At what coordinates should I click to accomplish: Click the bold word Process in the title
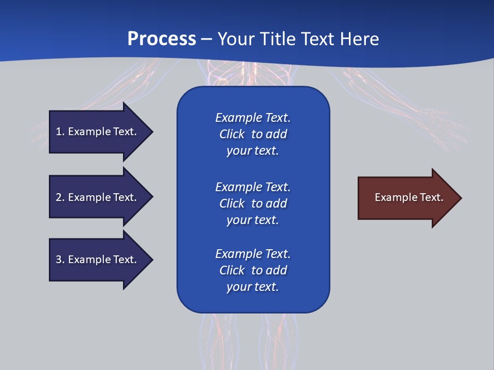click(162, 39)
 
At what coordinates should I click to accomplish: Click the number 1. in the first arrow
click(60, 132)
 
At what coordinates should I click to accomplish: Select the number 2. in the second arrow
click(60, 197)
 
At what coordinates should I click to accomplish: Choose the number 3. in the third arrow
click(60, 260)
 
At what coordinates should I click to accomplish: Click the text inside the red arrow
click(409, 197)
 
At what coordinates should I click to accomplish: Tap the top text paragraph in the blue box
click(253, 134)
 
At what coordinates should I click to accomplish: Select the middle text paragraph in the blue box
click(253, 203)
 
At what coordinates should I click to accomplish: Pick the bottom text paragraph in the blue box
click(253, 270)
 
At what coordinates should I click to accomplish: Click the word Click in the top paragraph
click(232, 134)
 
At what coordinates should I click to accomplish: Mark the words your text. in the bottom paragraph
click(252, 287)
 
